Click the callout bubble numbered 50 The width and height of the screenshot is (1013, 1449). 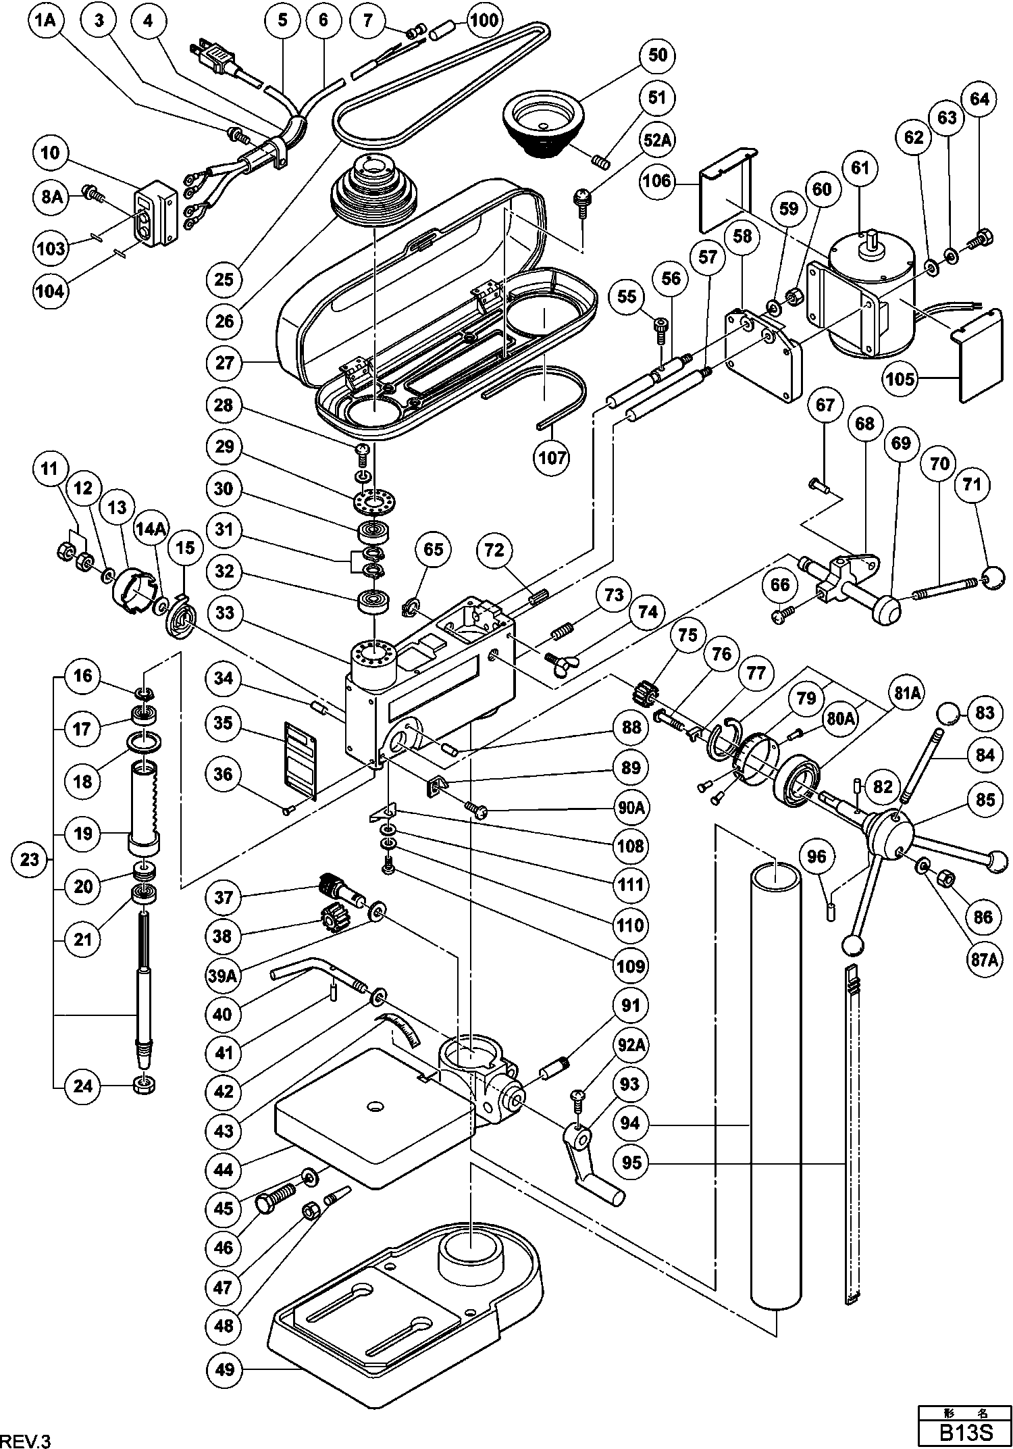(657, 55)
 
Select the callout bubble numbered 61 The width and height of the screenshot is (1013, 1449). (860, 167)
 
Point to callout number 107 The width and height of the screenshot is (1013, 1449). (552, 458)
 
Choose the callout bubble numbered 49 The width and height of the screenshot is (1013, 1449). (226, 1369)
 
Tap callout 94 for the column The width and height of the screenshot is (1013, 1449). (629, 1125)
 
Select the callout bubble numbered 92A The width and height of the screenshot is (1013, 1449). (630, 1044)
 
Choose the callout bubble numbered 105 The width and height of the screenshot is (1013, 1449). (900, 379)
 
